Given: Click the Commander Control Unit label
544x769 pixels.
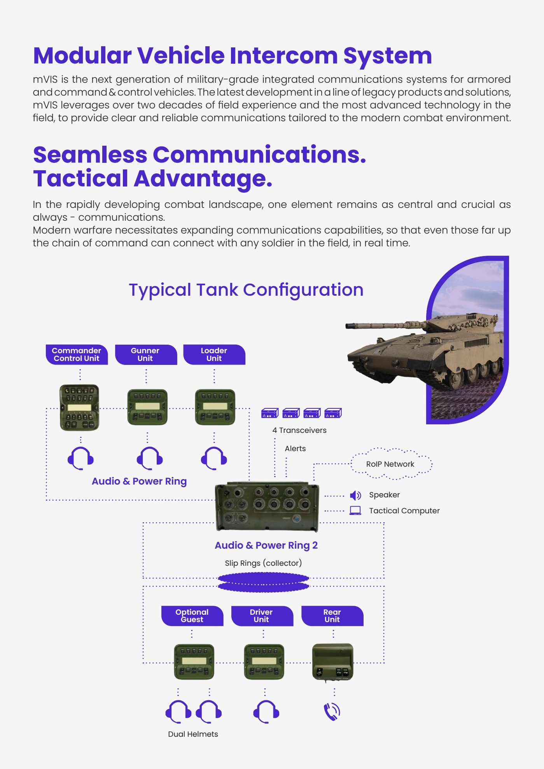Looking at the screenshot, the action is click(x=77, y=354).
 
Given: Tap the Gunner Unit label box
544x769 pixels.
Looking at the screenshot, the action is click(x=146, y=354).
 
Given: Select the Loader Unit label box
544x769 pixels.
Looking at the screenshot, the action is click(x=214, y=354).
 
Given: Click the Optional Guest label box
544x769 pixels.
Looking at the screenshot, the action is click(x=192, y=616).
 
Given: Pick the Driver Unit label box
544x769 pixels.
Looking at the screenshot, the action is click(x=262, y=616).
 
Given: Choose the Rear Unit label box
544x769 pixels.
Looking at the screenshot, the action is click(x=332, y=616).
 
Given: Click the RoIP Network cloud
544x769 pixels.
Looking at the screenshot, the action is click(x=391, y=464).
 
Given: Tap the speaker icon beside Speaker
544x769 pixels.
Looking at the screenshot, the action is click(x=355, y=495).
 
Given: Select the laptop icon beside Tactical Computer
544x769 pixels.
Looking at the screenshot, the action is click(x=355, y=511).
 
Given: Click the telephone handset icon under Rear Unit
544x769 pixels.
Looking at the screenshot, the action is click(x=332, y=711).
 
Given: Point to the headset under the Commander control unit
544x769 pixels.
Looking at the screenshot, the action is click(x=80, y=459).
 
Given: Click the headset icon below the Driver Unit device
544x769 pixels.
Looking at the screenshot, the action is click(x=266, y=712).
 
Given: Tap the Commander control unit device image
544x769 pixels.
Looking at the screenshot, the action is click(x=79, y=408).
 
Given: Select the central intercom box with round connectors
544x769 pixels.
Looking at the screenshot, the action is click(x=267, y=507).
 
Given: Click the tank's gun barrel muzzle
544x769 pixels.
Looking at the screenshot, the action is click(x=347, y=325).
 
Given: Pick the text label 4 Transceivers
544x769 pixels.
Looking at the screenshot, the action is click(x=299, y=430).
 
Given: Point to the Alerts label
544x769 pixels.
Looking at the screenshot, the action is click(x=295, y=448).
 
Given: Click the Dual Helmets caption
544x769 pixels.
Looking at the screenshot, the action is click(x=193, y=734).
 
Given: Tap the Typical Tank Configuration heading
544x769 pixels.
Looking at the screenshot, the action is click(x=246, y=290).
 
